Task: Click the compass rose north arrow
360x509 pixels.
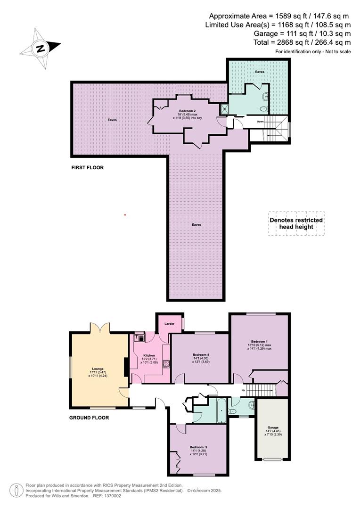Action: [41, 48]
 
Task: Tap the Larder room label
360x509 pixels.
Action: [170, 324]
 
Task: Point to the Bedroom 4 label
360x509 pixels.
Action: [201, 354]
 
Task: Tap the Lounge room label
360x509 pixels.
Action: [98, 369]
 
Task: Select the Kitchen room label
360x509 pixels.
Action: [149, 355]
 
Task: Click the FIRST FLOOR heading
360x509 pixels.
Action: [87, 167]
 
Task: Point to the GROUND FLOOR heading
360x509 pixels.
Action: [89, 418]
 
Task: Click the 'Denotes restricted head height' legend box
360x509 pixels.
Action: [296, 223]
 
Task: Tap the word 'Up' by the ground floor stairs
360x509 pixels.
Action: [243, 391]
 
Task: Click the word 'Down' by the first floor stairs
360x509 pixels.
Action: [260, 122]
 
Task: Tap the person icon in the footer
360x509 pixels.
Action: [16, 490]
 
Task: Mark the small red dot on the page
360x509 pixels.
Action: [125, 215]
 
